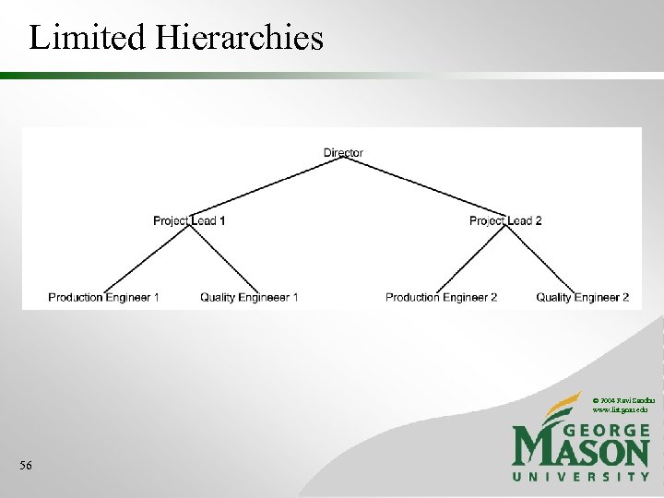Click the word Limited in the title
point(86,38)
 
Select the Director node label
point(343,153)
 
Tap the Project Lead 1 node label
point(189,220)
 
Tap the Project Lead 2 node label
point(505,220)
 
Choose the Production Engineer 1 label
point(103,297)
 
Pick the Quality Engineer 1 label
point(249,297)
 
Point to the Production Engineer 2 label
point(441,297)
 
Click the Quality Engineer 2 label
point(582,297)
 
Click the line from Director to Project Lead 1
point(267,186)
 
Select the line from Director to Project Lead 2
point(424,186)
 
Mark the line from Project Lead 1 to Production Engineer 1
point(148,259)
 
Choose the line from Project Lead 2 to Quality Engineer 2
point(544,259)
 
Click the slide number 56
point(27,467)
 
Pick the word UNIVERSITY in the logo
point(581,477)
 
